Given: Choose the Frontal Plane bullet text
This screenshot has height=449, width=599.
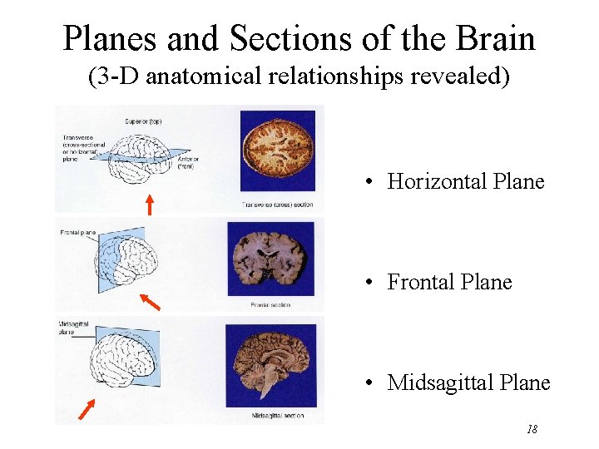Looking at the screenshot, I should (x=449, y=282).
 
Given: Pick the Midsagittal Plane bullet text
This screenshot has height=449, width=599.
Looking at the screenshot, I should (x=468, y=382).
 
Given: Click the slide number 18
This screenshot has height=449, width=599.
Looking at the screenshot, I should (x=532, y=430).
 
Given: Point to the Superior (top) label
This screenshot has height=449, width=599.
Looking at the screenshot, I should (x=143, y=121).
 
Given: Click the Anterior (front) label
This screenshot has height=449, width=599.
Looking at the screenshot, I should (x=189, y=163).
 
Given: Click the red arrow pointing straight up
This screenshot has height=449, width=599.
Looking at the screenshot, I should (x=150, y=203).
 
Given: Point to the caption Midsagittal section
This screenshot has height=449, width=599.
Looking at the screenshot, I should (x=277, y=414).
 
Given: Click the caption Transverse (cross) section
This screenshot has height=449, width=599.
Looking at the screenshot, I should (x=277, y=204).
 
